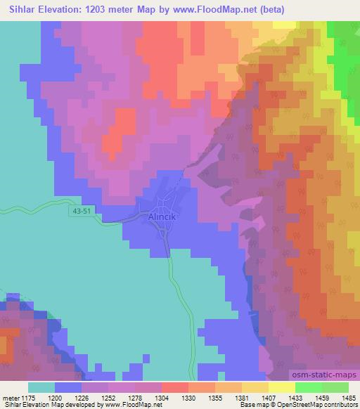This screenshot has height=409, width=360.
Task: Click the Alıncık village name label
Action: click(165, 218)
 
